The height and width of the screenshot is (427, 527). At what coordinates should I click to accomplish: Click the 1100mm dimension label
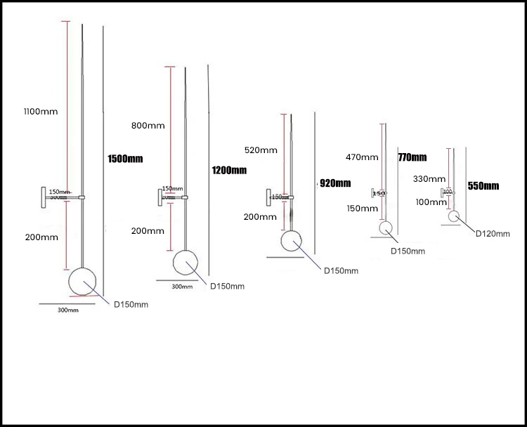coord(40,112)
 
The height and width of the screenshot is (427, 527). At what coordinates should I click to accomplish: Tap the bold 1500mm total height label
coord(125,159)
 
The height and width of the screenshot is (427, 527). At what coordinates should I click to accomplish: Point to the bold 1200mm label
coord(229,170)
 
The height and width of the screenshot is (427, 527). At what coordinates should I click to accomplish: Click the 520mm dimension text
coord(259,150)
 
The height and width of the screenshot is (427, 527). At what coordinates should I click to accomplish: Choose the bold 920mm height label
coord(335,183)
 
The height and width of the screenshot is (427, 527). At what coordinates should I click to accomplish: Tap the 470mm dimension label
coord(361,158)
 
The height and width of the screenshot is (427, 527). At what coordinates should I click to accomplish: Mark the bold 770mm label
coord(412,157)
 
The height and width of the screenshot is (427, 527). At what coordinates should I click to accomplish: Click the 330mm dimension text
coord(429,180)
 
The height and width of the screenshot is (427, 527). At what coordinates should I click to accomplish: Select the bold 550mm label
coord(483,186)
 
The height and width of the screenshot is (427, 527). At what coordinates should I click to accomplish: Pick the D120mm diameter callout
coord(492,234)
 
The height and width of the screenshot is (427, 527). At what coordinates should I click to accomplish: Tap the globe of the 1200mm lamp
coord(186,263)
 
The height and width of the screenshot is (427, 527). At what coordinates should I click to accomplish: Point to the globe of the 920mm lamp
coord(292,242)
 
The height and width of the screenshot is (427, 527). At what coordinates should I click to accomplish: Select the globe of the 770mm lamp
coord(386,228)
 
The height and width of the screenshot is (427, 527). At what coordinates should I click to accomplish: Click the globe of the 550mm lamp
coord(454,217)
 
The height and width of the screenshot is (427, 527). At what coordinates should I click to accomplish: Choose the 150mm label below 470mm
coord(361,208)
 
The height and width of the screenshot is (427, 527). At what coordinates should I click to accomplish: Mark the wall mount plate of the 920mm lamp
coord(268,197)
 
